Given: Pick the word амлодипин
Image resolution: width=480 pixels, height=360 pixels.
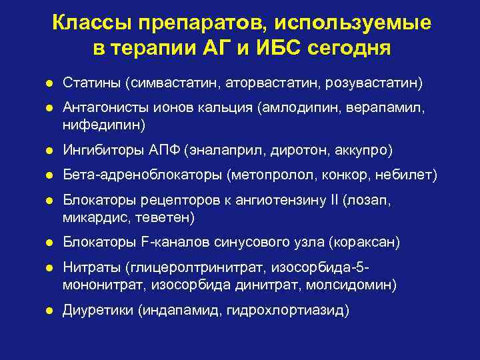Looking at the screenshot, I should (x=309, y=108).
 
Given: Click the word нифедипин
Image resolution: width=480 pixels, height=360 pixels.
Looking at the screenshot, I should (x=96, y=124).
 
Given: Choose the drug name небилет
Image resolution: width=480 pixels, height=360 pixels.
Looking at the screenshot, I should (x=408, y=175).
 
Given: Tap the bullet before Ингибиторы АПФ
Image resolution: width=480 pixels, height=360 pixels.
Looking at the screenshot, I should (x=49, y=150).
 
